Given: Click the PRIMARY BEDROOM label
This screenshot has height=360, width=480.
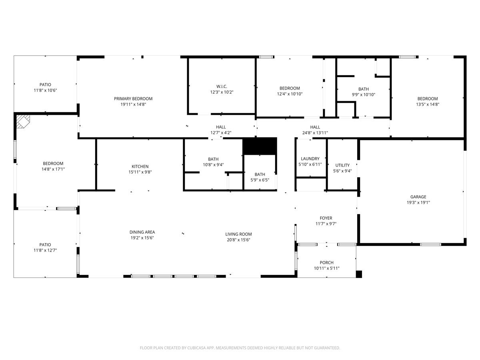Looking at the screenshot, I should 133,99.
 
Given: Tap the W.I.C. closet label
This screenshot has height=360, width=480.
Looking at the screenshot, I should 221,86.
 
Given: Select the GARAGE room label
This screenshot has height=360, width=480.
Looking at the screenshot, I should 418,197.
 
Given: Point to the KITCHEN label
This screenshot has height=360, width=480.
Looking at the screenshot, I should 140,166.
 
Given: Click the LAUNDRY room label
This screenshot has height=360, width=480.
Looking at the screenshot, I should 310,159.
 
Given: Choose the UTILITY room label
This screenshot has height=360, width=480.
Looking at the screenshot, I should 342,165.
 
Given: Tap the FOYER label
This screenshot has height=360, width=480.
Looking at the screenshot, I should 326,218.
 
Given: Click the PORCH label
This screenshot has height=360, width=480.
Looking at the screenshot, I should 326,263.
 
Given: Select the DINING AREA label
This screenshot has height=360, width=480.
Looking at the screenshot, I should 142,232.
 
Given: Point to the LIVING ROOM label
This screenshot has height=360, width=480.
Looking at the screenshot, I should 238,234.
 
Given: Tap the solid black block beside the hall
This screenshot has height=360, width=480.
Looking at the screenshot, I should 260,146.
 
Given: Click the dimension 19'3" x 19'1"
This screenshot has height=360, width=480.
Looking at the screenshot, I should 418,202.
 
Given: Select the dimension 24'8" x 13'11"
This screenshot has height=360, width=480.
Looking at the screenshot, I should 315,133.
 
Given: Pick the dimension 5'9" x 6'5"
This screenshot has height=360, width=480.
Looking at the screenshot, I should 260,180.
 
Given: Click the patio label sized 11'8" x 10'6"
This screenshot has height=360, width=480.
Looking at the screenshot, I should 45,84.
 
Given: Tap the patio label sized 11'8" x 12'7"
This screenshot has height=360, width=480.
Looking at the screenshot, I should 45,244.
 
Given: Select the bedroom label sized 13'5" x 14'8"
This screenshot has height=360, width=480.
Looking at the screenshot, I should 428,99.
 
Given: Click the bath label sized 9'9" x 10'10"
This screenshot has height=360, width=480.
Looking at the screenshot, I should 364,89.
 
